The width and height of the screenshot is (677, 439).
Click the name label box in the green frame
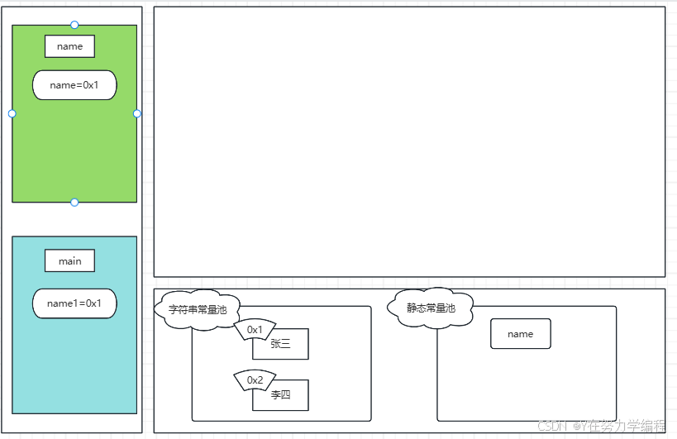[69, 46]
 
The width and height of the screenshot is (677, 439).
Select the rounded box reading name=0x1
[74, 85]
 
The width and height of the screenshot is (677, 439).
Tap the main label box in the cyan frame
[69, 261]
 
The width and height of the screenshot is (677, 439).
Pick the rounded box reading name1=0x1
[74, 303]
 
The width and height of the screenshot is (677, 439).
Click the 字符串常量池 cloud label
[198, 310]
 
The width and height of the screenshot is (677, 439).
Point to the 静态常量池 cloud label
[431, 308]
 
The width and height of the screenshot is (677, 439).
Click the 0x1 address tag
[255, 330]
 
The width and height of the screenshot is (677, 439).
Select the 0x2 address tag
[255, 380]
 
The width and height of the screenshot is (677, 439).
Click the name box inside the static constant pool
[520, 334]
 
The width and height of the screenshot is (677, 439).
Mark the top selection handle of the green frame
[74, 25]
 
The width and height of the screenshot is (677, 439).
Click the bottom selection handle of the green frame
[74, 203]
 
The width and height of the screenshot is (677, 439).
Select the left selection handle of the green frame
[12, 113]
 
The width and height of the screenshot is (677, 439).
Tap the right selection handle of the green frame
[137, 113]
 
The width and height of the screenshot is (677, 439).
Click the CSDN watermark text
[601, 426]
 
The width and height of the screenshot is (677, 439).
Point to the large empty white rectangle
[409, 141]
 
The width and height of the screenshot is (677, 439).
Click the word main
[69, 261]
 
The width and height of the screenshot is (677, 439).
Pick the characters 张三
[280, 344]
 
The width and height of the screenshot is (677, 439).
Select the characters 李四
[280, 395]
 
